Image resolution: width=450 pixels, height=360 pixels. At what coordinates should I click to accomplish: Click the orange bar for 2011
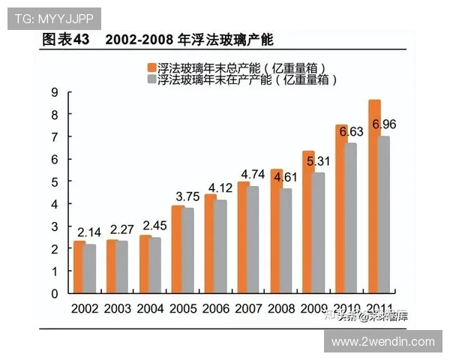point(374,196)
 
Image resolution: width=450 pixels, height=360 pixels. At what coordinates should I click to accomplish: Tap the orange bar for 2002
point(79,267)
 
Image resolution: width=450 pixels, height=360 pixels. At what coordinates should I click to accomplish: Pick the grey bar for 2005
point(189,250)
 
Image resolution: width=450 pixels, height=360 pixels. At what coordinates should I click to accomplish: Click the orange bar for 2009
point(308,222)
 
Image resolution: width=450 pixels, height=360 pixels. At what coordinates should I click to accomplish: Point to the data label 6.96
point(384,124)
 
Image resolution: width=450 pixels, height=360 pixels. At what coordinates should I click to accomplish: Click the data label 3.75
point(188,196)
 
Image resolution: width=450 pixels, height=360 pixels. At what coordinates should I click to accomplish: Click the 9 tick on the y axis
point(55,92)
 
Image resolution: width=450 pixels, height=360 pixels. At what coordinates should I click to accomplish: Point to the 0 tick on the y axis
point(55,294)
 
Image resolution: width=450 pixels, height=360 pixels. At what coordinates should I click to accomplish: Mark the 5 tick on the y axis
point(55,182)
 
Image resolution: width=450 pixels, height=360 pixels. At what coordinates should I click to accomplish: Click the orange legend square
point(151,67)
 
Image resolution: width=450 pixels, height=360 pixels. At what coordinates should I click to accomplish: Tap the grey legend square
point(151,79)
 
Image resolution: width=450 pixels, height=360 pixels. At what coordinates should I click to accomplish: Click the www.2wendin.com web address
point(382,341)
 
